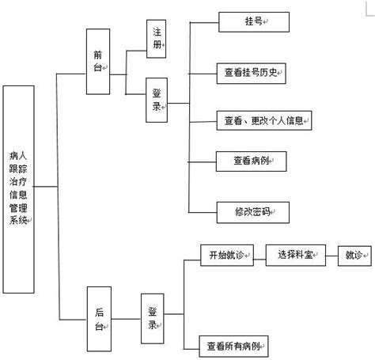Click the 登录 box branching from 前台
pos(157,101)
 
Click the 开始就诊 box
pos(227,255)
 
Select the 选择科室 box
pos(295,255)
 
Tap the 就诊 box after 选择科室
pos(353,255)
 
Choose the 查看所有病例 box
pos(234,345)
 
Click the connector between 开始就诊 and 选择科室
pos(259,255)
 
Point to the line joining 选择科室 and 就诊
pos(331,255)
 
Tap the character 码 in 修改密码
pos(264,212)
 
